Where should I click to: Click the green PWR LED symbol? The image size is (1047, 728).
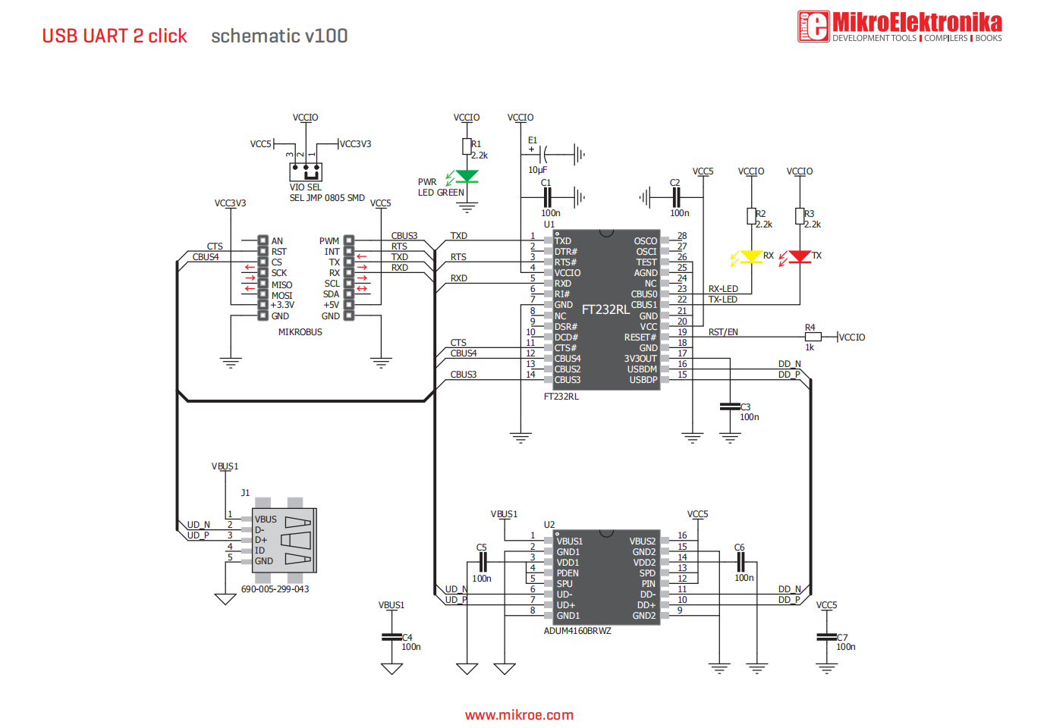click(467, 177)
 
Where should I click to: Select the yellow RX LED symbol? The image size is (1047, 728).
click(751, 257)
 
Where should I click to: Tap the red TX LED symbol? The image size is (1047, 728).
click(800, 257)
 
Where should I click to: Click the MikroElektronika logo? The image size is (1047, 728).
click(899, 26)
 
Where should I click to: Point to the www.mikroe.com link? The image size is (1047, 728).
click(519, 715)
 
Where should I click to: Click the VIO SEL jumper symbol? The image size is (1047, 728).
click(306, 171)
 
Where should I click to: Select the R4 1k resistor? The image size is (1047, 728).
click(813, 337)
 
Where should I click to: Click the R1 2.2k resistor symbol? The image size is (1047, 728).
click(467, 146)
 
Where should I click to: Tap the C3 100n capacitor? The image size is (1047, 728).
click(730, 407)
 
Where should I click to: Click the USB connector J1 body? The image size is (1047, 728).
click(285, 540)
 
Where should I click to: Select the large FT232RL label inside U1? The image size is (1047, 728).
click(605, 309)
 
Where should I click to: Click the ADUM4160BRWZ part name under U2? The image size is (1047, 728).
click(577, 631)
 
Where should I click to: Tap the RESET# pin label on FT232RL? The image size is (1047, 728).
click(640, 337)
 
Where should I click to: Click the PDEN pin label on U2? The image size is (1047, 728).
click(568, 573)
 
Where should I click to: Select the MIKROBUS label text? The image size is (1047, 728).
click(300, 332)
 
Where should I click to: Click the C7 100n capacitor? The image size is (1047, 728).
click(826, 637)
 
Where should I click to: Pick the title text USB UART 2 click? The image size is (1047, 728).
click(115, 36)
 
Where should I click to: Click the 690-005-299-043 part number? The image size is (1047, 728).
click(275, 589)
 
